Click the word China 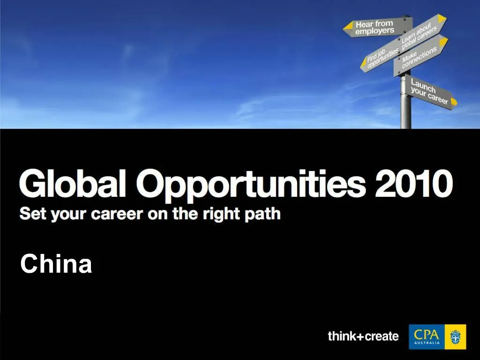(56, 264)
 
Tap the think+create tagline (363, 336)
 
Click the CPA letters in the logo (427, 334)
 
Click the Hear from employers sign (375, 28)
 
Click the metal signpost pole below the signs (406, 112)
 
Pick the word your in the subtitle (67, 215)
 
